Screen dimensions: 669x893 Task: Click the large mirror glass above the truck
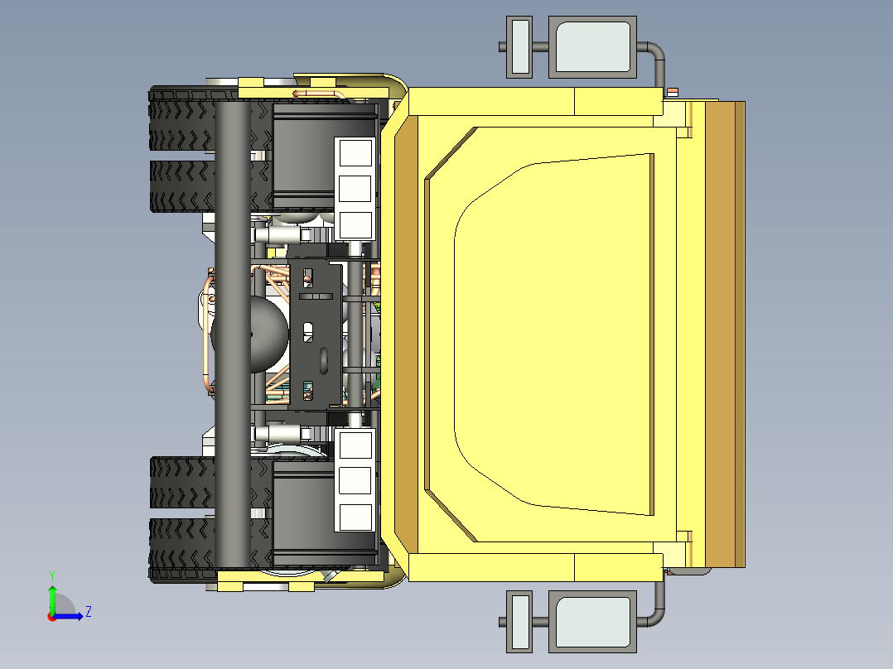tap(593, 47)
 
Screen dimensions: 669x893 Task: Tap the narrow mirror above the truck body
tap(519, 47)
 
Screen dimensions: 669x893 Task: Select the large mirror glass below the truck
tap(593, 621)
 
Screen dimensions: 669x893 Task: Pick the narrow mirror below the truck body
tap(519, 621)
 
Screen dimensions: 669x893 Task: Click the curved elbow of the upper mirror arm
tap(657, 51)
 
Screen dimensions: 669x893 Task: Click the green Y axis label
tap(51, 574)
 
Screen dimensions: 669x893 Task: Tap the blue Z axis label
tap(88, 613)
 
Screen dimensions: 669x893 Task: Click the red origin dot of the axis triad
tap(51, 616)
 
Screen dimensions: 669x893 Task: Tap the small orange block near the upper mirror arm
tap(673, 92)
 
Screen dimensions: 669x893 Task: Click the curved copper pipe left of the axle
tap(205, 335)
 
